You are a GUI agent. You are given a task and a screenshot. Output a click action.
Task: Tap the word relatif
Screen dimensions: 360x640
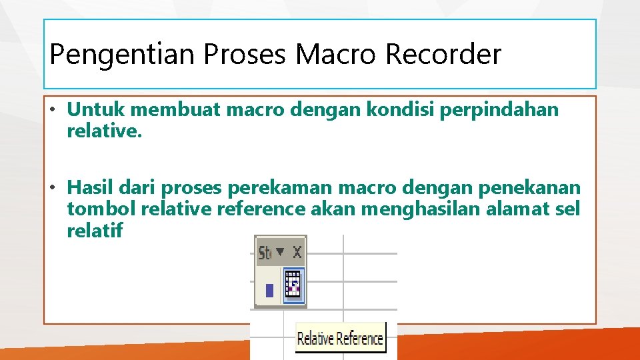click(95, 231)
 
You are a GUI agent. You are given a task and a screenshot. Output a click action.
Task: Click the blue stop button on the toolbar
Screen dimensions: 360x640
click(269, 291)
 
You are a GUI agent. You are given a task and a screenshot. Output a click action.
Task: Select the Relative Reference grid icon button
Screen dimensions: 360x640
click(293, 285)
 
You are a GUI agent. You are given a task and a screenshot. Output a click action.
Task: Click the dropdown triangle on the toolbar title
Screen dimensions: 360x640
click(280, 252)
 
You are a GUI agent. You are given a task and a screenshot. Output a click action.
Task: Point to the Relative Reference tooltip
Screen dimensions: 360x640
click(340, 339)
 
